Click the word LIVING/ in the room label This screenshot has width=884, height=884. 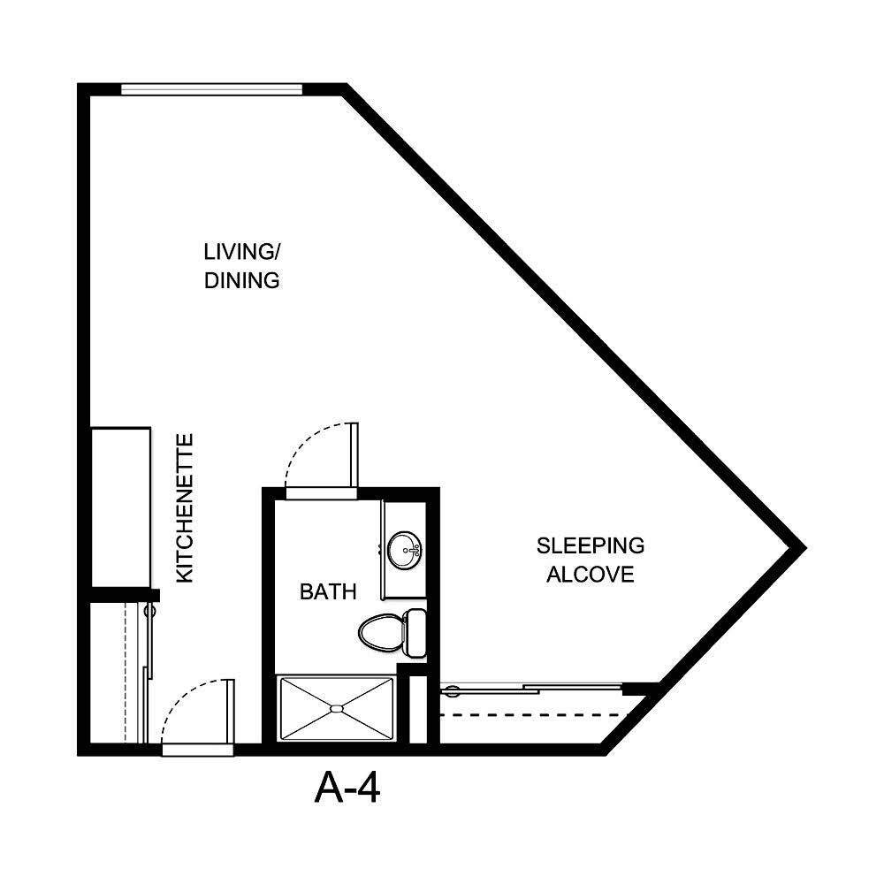coord(241,251)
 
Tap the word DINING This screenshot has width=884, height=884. coord(241,281)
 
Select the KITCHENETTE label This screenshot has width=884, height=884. coord(185,507)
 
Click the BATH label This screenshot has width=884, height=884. coord(328,591)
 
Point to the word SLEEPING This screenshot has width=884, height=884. coord(591,545)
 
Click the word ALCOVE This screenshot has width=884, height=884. coord(591,575)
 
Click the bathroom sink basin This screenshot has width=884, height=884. coord(407,549)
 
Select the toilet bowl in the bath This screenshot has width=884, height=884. coord(381,631)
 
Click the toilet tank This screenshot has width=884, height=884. coord(415,632)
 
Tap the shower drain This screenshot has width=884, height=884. coord(336,708)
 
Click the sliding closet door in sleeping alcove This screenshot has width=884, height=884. coord(530,688)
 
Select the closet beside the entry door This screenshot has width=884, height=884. coord(115,672)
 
